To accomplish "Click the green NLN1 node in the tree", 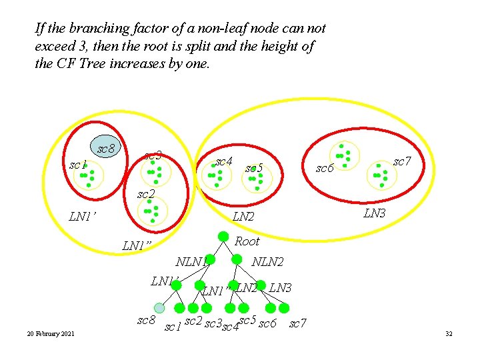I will [210, 259].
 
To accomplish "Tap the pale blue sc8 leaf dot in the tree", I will [159, 307].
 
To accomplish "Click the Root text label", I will [247, 241].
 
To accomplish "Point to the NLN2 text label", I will [267, 263].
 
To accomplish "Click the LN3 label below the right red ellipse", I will [374, 213].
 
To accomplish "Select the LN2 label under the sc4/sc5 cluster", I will [243, 217].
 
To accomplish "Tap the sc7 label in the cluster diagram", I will [402, 161].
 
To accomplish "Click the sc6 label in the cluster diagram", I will [325, 169].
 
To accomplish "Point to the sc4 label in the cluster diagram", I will [224, 162].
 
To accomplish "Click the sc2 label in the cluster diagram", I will [145, 195].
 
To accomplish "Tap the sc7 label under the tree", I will [297, 324].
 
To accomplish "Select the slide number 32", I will [449, 333].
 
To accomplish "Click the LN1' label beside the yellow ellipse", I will [83, 217].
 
